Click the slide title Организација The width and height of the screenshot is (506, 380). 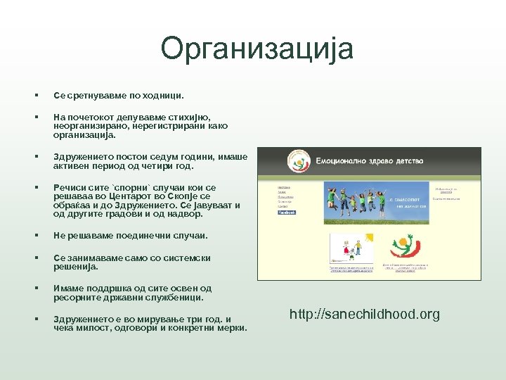[257, 49]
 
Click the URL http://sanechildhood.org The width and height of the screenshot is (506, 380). [364, 315]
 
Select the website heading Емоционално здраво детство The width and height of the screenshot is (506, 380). [369, 162]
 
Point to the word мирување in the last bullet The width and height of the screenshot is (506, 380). [155, 319]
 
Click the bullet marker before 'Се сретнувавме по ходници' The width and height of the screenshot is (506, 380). [34, 94]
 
